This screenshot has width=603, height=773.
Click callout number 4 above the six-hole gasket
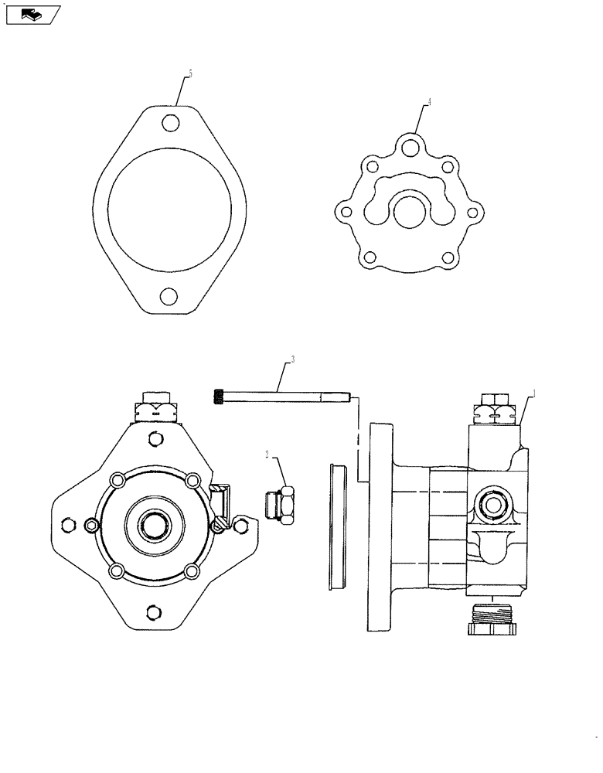pyautogui.click(x=429, y=101)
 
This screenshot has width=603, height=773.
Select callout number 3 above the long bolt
pyautogui.click(x=293, y=359)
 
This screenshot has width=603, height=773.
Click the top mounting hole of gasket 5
pyautogui.click(x=172, y=123)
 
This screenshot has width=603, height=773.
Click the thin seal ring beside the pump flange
pyautogui.click(x=339, y=526)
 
